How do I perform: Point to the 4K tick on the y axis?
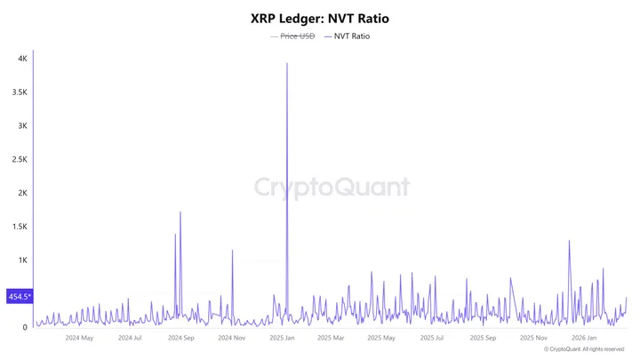point(22,59)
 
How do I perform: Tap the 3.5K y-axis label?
point(20,92)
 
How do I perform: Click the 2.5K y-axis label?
point(20,159)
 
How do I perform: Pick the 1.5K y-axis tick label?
point(20,227)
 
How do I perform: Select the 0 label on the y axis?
point(26,327)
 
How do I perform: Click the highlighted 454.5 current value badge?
point(19,296)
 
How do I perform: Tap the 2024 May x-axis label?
point(79,338)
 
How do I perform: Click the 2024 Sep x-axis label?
point(180,338)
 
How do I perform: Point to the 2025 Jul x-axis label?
point(432,338)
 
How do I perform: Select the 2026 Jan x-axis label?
point(583,338)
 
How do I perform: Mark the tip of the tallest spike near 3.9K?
point(286,63)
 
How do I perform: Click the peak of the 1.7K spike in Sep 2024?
point(180,212)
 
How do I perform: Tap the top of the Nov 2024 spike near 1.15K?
point(232,250)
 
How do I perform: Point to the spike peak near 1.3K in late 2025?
point(569,241)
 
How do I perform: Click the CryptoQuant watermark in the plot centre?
point(332,187)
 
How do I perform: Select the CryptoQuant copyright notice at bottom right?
point(585,349)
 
